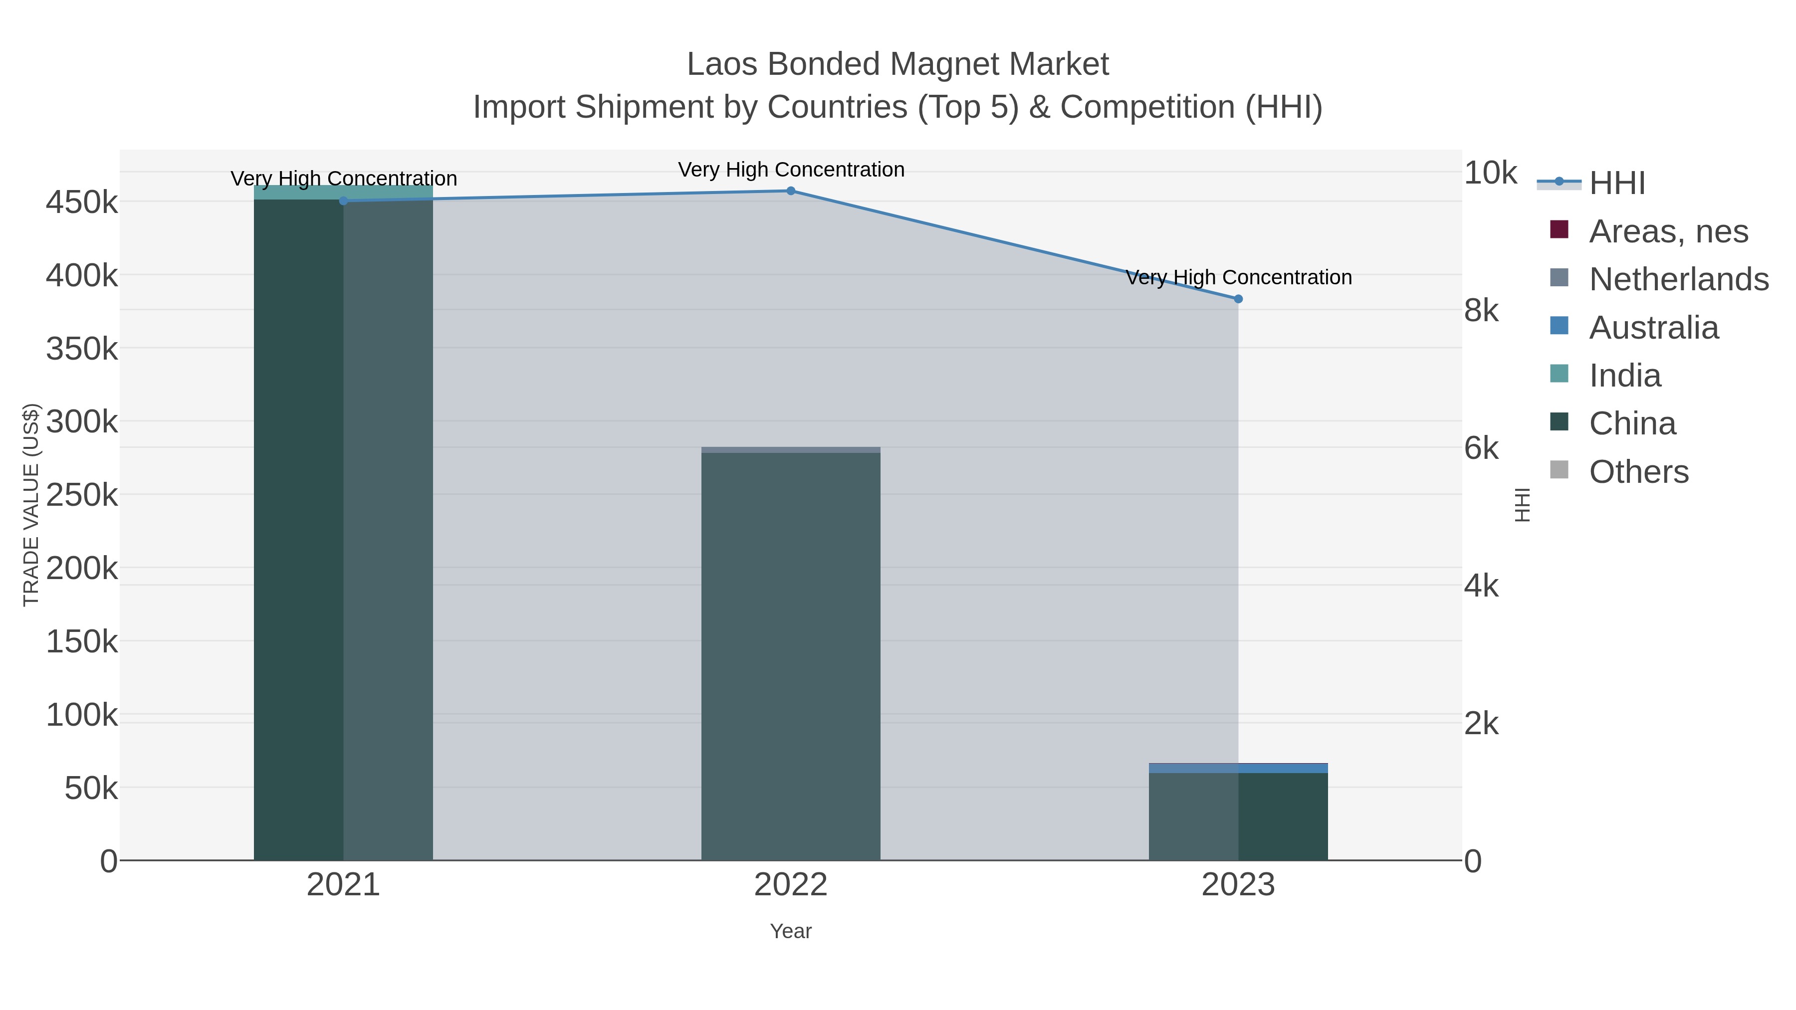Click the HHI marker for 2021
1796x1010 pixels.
tap(343, 201)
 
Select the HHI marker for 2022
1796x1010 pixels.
tap(791, 191)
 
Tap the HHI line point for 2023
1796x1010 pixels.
tap(1238, 299)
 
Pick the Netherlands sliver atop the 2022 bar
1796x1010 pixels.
tap(791, 449)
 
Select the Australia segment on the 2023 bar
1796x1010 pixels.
tap(1238, 768)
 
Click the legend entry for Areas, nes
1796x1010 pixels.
tap(1668, 231)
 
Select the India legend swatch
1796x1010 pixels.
tap(1559, 374)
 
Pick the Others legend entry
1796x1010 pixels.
tap(1638, 472)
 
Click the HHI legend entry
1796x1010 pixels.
tap(1616, 184)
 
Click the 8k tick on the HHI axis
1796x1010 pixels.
tap(1481, 310)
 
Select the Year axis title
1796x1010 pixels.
tap(791, 931)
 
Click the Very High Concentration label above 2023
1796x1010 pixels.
tap(1238, 277)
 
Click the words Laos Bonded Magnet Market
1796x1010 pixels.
tap(898, 64)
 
